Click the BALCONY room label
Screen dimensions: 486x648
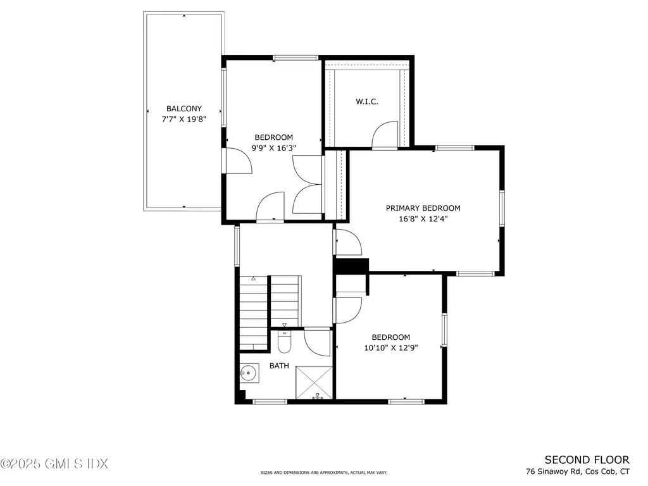point(184,109)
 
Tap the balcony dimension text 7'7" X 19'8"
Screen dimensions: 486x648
point(184,119)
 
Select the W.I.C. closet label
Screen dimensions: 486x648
point(367,102)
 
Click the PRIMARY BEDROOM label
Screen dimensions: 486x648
point(423,208)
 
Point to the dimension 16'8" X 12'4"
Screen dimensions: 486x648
point(423,219)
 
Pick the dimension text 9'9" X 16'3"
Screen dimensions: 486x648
point(274,148)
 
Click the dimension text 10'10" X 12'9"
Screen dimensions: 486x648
point(390,347)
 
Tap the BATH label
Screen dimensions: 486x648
point(279,366)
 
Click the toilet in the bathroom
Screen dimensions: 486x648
point(284,342)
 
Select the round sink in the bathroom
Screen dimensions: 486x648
point(249,373)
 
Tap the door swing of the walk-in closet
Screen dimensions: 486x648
point(384,135)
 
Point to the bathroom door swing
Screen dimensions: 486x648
point(317,342)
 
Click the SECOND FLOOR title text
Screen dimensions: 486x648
point(587,460)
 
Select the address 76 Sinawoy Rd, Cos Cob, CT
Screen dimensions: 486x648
point(577,472)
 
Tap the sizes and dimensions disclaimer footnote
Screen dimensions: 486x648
point(323,473)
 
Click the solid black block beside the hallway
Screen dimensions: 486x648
point(351,266)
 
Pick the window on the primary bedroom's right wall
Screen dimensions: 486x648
point(502,209)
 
